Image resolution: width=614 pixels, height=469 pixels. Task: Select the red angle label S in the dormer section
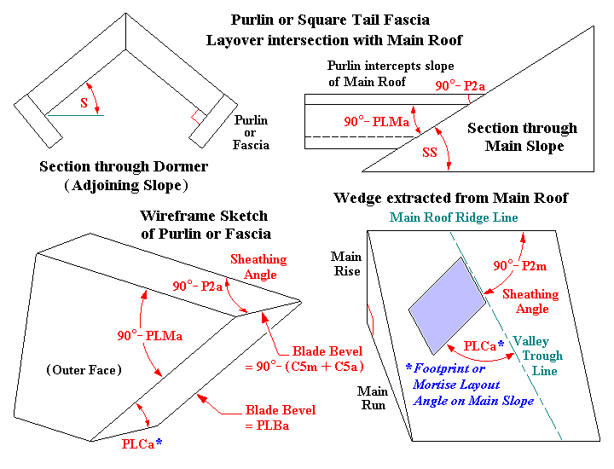coord(83,102)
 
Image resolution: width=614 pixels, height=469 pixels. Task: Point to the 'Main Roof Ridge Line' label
coord(454,217)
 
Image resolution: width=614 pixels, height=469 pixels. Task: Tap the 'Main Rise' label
coord(346,263)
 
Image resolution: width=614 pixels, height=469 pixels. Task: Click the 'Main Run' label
coord(372,398)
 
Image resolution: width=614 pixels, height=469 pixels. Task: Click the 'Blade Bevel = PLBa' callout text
coord(280,417)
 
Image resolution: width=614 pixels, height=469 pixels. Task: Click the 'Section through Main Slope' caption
coord(523,136)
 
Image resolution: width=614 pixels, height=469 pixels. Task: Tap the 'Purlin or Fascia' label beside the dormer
coord(251,133)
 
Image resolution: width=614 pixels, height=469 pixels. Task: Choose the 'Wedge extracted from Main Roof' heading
coord(451,198)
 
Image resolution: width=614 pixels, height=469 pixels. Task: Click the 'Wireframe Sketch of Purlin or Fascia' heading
coord(204,224)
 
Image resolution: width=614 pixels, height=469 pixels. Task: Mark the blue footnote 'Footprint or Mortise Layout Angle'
coord(470,385)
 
